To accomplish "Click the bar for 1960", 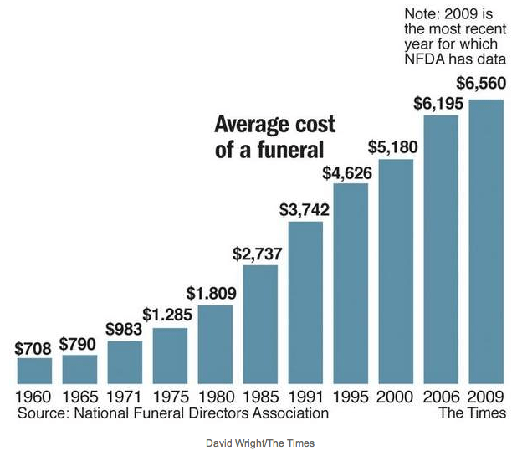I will coord(34,370).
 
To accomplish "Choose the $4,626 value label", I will coord(351,172).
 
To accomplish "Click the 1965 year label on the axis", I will coord(79,397).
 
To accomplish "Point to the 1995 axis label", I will coord(351,397).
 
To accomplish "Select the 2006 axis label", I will coord(441,397).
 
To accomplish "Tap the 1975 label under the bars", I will coord(170,397).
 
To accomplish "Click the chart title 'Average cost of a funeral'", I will coord(274,136).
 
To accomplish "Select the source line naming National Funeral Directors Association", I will coord(172,413).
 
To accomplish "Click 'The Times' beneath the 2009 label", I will coord(472,413).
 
